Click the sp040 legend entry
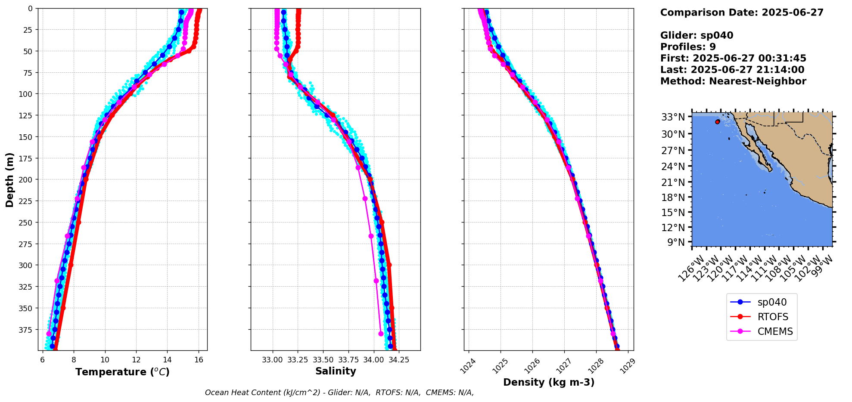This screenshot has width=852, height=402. (x=771, y=303)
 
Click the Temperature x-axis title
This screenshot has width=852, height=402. (x=122, y=372)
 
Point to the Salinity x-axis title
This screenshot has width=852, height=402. (x=336, y=371)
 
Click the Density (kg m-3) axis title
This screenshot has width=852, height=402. (x=549, y=382)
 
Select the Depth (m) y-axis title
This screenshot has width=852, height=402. (x=10, y=179)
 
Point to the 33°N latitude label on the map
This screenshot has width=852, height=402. (x=673, y=117)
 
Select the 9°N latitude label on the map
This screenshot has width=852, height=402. (x=676, y=242)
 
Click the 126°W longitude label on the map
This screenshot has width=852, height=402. (x=692, y=269)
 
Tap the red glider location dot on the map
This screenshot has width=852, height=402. (x=718, y=122)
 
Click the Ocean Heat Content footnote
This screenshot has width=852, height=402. (x=339, y=393)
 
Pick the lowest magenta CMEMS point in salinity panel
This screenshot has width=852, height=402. (x=381, y=334)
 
